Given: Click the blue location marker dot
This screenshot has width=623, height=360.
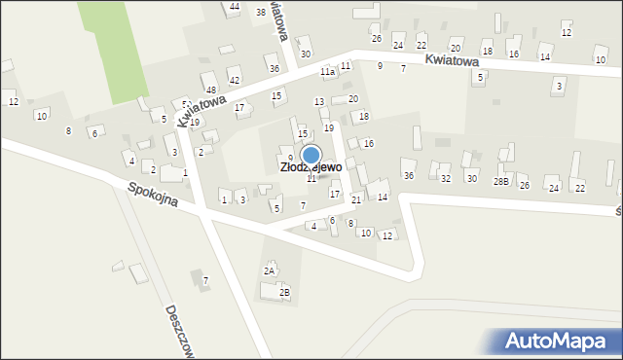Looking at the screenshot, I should pyautogui.click(x=311, y=155).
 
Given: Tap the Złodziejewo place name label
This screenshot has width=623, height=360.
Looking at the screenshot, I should pyautogui.click(x=311, y=167).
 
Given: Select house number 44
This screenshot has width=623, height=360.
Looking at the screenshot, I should pyautogui.click(x=235, y=7).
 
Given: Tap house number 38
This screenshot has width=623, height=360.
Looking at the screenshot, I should pyautogui.click(x=260, y=12).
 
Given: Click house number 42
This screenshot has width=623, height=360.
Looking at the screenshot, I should pyautogui.click(x=235, y=80).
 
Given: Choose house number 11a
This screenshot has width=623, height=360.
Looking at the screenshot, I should pyautogui.click(x=327, y=72).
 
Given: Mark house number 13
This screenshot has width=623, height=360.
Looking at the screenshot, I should pyautogui.click(x=318, y=102).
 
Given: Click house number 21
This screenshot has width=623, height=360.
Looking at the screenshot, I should pyautogui.click(x=356, y=199).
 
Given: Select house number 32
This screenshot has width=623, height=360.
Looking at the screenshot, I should pyautogui.click(x=445, y=179).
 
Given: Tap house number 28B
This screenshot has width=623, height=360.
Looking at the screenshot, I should pyautogui.click(x=500, y=181).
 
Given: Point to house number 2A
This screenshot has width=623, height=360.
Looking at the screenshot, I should pyautogui.click(x=269, y=270).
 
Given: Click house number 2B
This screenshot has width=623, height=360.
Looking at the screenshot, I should pyautogui.click(x=284, y=292).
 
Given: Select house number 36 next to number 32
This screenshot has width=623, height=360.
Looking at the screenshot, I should pyautogui.click(x=409, y=175).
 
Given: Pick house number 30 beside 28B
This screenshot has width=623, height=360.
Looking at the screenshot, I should pyautogui.click(x=471, y=178).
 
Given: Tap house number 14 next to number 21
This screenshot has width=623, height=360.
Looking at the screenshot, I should pyautogui.click(x=383, y=198).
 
